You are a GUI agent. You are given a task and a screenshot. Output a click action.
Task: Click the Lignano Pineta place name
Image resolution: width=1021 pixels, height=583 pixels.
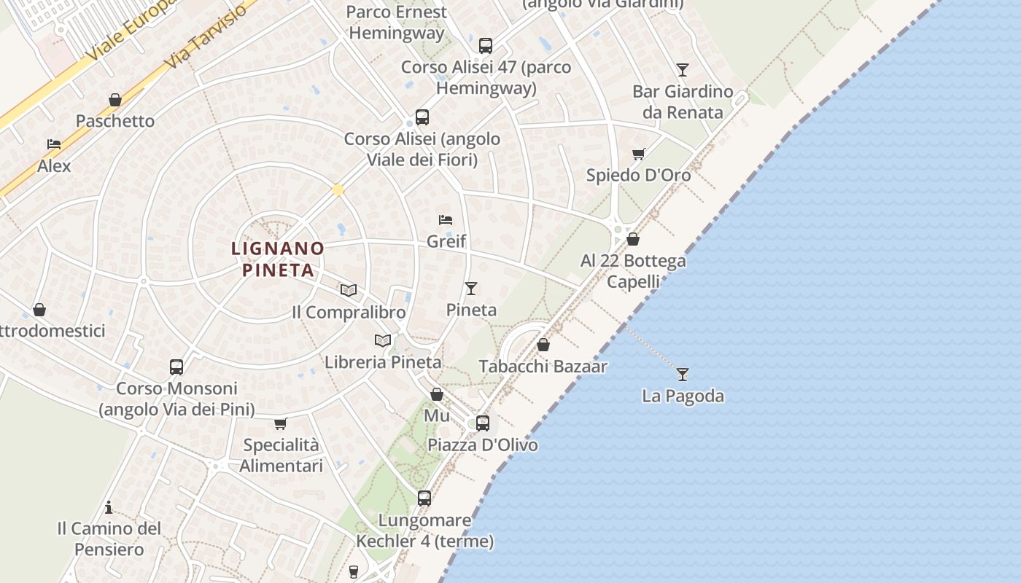278,259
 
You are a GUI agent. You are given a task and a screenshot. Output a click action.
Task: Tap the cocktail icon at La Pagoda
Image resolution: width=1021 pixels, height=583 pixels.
683,375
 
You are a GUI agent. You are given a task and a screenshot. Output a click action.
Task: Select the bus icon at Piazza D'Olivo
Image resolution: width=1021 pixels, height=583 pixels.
482,423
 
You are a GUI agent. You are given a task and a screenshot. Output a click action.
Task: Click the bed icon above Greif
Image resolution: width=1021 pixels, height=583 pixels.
446,219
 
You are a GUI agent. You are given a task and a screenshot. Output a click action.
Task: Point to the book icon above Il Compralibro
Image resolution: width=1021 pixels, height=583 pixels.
349,290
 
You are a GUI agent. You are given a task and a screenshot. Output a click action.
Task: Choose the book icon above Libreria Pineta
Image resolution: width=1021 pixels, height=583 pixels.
383,340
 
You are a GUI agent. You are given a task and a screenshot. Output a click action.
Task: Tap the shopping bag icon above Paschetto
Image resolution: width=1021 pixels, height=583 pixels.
115,100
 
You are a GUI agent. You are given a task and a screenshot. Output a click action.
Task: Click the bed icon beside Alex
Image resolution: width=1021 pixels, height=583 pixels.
54,144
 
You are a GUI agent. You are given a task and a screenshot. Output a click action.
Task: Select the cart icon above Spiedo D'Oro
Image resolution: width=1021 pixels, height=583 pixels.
639,154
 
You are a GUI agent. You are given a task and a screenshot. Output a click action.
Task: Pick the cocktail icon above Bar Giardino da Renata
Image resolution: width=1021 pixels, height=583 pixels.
683,70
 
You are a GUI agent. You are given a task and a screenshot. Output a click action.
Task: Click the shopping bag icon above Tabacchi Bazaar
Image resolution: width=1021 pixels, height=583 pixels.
543,345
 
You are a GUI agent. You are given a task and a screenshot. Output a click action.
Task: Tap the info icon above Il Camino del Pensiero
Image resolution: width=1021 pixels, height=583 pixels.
109,507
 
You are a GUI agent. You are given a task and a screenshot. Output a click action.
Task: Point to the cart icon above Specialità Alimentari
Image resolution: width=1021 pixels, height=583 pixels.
281,423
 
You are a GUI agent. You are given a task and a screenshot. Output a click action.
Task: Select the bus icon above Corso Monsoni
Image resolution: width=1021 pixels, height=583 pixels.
176,367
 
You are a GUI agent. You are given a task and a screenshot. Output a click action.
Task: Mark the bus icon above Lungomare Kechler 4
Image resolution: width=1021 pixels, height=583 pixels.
424,498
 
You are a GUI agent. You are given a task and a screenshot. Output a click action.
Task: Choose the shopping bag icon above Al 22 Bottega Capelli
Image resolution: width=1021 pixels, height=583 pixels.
633,239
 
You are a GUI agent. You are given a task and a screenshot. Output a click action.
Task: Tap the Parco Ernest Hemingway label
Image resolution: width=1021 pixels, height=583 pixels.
397,22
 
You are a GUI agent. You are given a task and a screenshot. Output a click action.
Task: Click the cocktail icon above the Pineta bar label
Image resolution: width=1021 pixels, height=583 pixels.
471,289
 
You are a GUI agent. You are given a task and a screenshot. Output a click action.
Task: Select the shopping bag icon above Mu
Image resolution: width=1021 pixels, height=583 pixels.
437,394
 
